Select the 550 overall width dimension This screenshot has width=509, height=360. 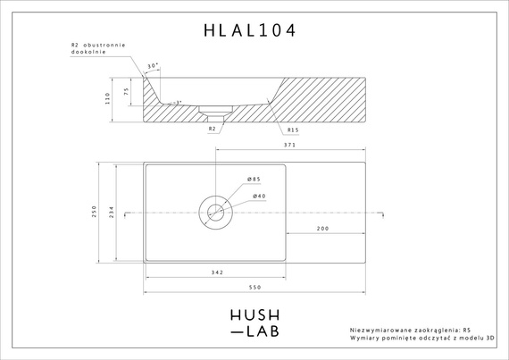pos(254,287)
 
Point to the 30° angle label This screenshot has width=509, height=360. pos(152,65)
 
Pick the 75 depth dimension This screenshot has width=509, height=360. pos(127,90)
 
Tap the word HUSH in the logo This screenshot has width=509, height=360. pos(254,314)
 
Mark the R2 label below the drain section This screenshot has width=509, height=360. pos(212,129)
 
